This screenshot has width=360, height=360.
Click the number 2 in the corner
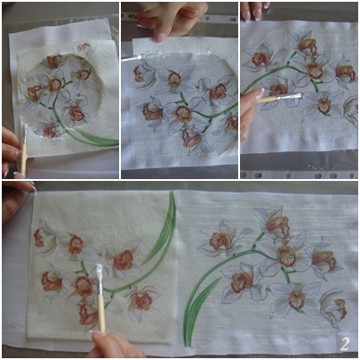coord(345,344)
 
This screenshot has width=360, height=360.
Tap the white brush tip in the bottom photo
coord(99,271)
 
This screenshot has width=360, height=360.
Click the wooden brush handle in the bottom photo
coord(102,313)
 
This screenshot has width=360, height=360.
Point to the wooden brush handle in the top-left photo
coord(23,159)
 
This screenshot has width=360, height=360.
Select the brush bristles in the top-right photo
coord(296,95)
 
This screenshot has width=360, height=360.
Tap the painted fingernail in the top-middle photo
coord(160,38)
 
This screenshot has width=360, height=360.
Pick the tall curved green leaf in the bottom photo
coord(161,230)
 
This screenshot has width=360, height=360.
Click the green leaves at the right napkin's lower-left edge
coord(197,311)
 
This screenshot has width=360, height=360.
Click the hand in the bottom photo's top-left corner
coord(15,200)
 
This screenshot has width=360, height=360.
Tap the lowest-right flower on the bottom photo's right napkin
coord(335,307)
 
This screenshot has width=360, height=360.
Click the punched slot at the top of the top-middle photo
coord(232,19)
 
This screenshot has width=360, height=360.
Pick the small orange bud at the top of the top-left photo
coord(84,47)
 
